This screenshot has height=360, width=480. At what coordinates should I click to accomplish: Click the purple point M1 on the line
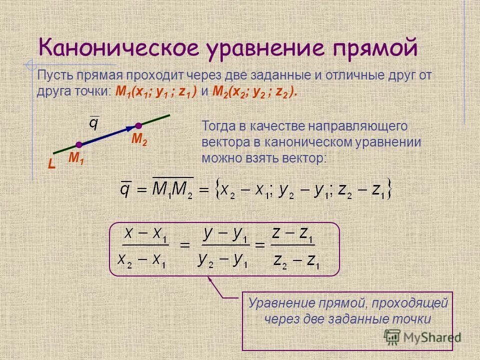[x=79, y=145]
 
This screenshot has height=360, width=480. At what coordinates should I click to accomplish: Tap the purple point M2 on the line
[x=138, y=126]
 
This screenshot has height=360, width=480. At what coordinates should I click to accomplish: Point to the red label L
[x=51, y=163]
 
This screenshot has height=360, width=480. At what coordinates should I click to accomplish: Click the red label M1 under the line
[x=76, y=158]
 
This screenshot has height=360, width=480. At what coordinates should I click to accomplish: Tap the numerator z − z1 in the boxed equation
[x=292, y=234]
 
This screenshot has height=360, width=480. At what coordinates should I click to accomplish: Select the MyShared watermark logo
[x=422, y=337]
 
